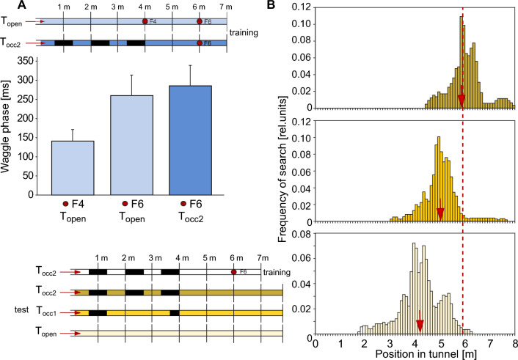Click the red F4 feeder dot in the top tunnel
(x=145, y=22)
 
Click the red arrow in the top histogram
(x=462, y=99)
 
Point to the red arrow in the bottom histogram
(x=420, y=320)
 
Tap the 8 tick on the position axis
(x=515, y=342)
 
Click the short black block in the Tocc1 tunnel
(x=174, y=312)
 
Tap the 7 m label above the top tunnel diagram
(x=226, y=7)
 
